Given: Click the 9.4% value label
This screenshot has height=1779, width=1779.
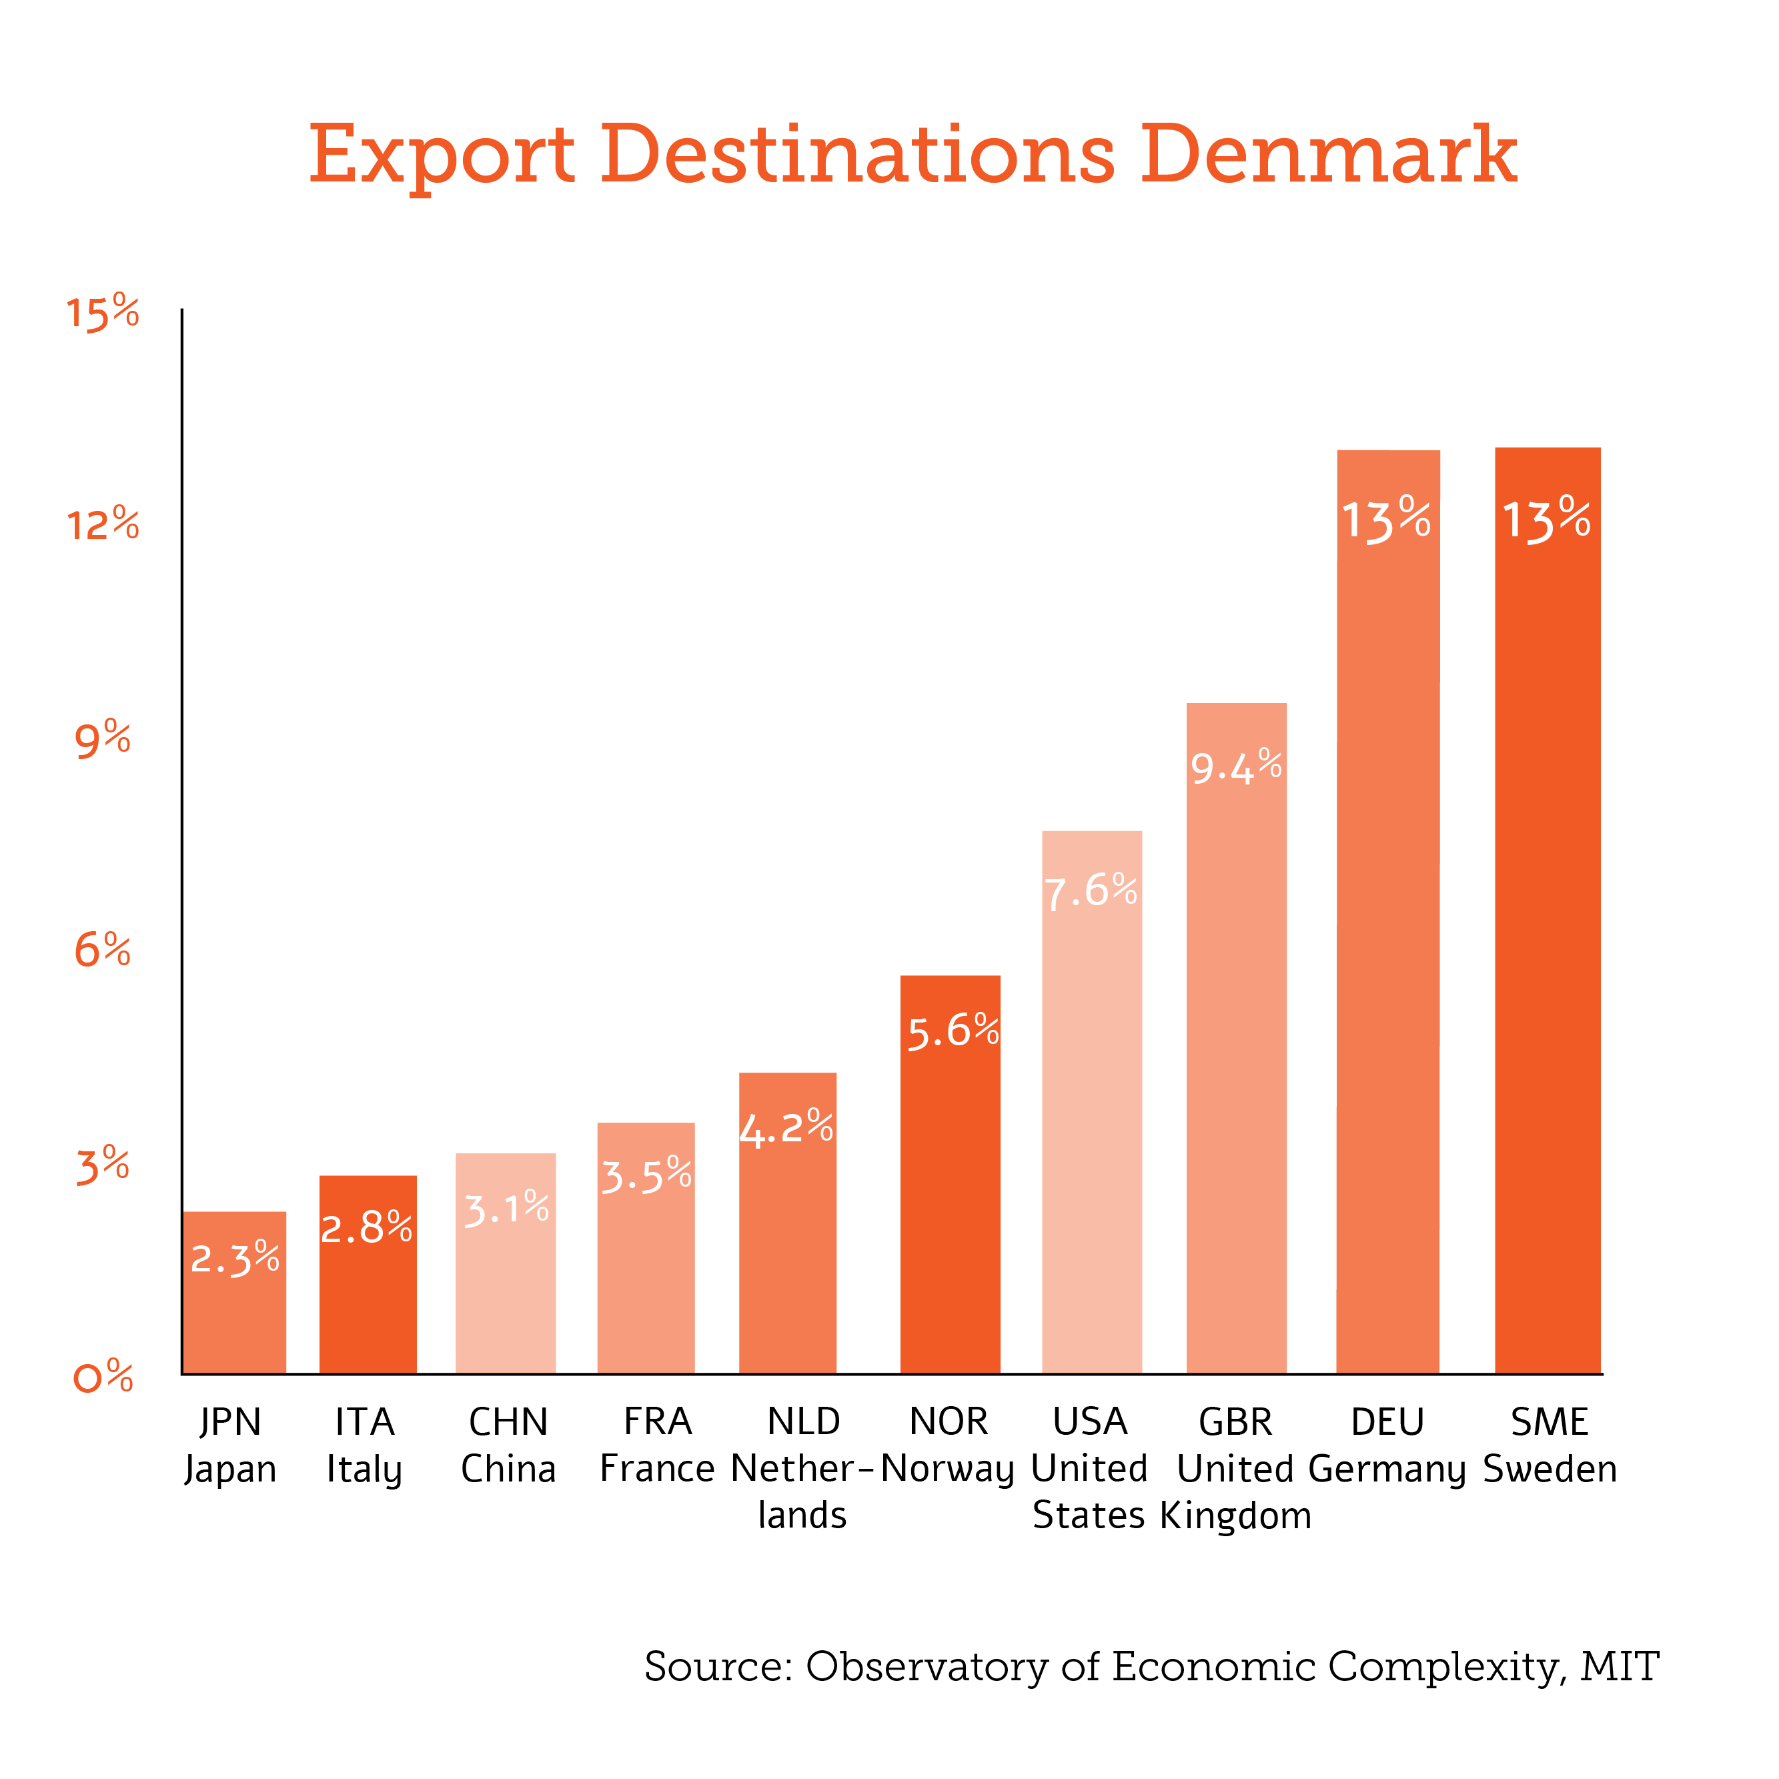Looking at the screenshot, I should coord(1236,767).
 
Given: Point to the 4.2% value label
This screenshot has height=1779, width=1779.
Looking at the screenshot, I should coord(786,1128).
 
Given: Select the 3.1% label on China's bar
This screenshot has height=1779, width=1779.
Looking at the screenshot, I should coord(506,1209).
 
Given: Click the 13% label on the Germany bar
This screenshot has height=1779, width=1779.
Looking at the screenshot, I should coord(1386,520).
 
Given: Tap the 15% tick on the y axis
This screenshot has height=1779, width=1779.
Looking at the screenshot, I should coord(102,313).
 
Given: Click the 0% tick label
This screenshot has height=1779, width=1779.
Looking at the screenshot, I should coord(102,1377).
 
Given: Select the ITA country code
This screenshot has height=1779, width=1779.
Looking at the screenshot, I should coord(365,1421).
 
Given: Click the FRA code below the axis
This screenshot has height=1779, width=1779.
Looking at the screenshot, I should coord(658,1421).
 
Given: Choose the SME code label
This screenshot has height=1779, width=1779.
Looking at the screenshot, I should coord(1550,1421).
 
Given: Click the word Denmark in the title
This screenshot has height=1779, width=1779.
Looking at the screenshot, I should coord(1328,155).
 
